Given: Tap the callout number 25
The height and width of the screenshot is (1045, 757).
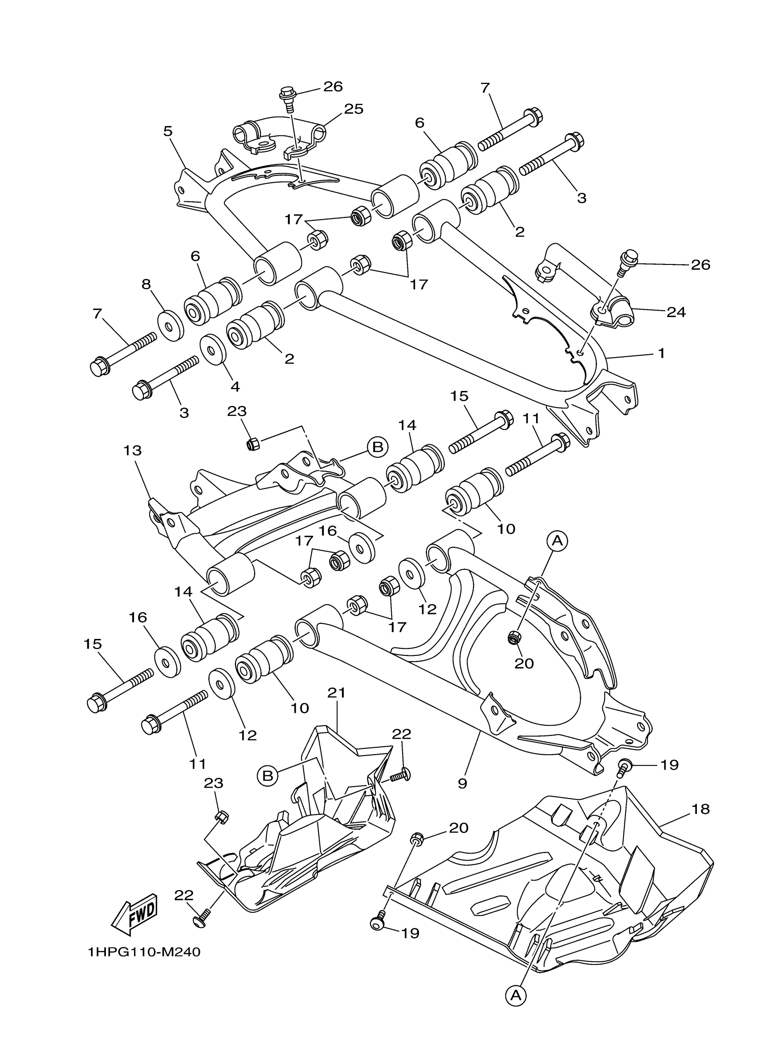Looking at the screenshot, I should (x=354, y=109).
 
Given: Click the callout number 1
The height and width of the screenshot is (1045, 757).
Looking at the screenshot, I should (x=662, y=354).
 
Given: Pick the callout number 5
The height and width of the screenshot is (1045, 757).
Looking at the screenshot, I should (x=168, y=131).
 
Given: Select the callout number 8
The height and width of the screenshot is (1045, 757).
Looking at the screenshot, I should (x=146, y=284).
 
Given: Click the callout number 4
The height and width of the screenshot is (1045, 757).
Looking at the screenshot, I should (x=235, y=386).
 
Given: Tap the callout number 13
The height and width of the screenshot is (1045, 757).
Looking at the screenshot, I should (x=133, y=450).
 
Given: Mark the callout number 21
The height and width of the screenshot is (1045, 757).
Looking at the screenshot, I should (x=336, y=705).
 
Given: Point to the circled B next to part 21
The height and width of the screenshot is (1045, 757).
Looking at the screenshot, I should (x=268, y=776).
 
